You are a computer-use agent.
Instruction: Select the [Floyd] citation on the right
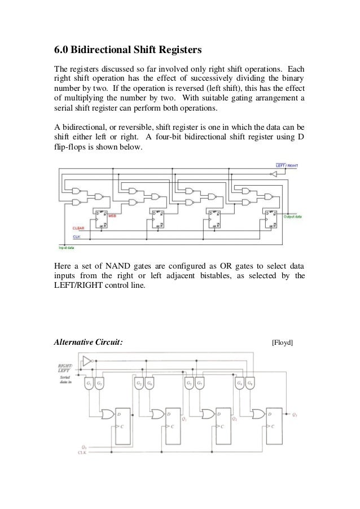click(282, 342)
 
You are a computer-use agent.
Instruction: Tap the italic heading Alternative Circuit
click(88, 342)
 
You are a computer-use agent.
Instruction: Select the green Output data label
click(293, 217)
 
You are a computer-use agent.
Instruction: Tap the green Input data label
click(68, 247)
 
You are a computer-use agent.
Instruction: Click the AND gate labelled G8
click(250, 383)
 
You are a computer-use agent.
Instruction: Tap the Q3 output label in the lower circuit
click(295, 415)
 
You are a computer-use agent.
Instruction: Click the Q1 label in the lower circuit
click(185, 419)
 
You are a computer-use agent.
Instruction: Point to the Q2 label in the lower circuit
click(234, 419)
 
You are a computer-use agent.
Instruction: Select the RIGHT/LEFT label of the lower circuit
click(64, 368)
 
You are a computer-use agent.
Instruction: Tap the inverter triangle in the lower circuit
click(86, 361)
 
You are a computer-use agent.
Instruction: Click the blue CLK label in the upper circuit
click(76, 236)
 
